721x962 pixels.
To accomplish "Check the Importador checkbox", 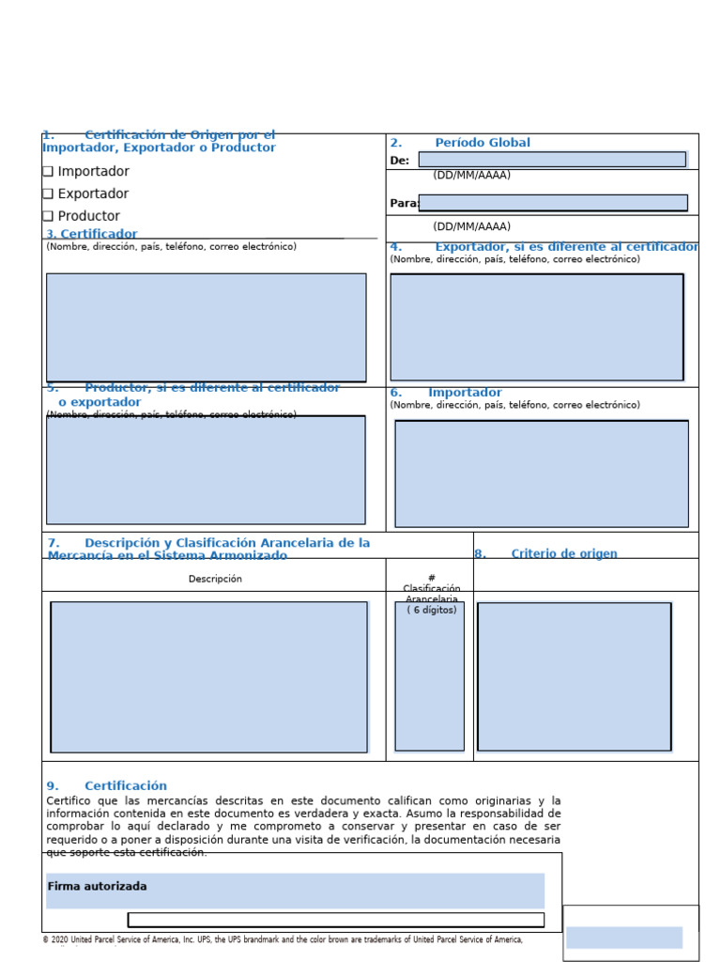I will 48,172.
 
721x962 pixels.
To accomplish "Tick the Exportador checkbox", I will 48,194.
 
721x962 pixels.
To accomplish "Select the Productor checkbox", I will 48,217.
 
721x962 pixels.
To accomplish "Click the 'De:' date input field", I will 552,160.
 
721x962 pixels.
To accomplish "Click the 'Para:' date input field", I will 553,203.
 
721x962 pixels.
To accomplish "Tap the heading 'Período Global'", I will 482,143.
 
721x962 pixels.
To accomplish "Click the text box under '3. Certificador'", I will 207,328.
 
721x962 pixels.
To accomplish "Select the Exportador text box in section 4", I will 537,327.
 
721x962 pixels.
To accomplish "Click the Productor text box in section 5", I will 206,470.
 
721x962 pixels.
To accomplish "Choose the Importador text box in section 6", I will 542,473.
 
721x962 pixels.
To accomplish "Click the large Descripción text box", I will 208,676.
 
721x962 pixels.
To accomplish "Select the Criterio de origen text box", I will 575,676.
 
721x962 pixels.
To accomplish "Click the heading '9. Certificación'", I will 107,786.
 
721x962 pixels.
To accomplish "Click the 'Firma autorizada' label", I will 97,887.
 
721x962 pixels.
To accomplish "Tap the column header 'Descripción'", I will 215,579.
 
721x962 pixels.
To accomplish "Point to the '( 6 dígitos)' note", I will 432,610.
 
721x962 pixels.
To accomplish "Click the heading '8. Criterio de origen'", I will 546,554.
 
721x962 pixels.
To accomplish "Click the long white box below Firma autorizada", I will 336,920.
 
